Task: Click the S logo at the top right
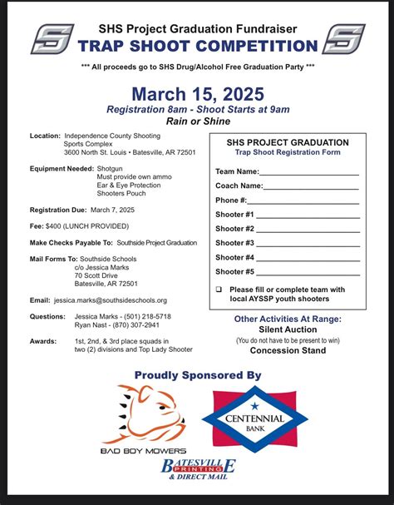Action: [342, 39]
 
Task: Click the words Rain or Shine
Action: [197, 121]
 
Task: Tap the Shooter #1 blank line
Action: [308, 215]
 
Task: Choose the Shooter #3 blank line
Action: [308, 244]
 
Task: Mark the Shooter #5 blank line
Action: [308, 273]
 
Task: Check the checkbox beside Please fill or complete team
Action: [219, 290]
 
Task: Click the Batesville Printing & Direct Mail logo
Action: [198, 468]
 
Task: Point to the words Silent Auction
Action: [288, 329]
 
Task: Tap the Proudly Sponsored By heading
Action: [197, 375]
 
